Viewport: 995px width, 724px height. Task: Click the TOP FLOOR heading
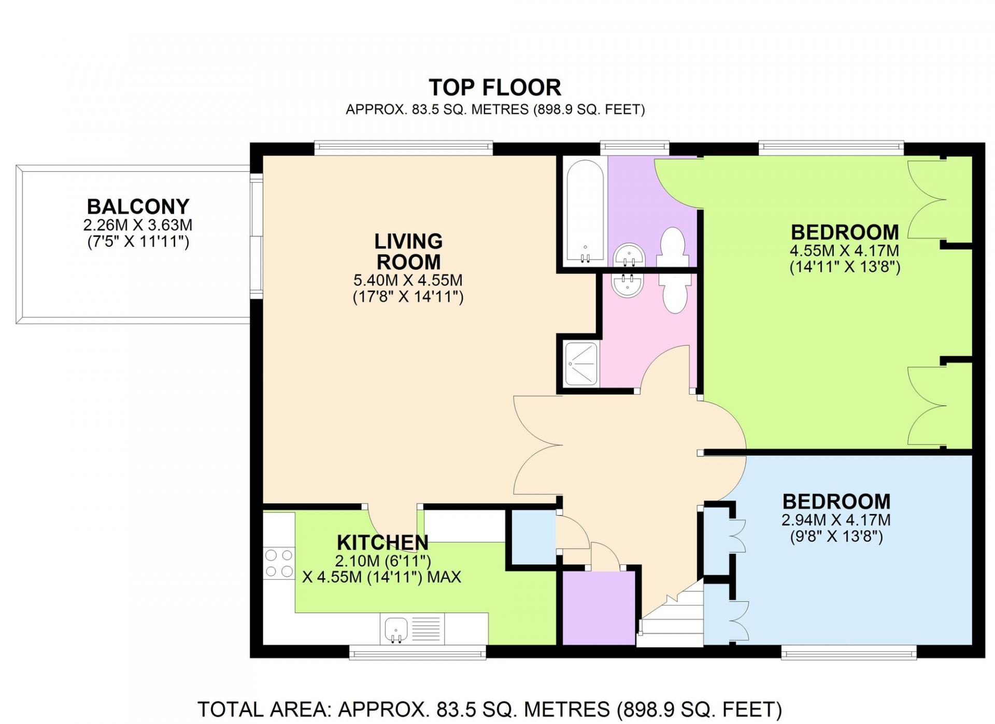pyautogui.click(x=495, y=88)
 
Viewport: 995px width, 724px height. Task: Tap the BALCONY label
pyautogui.click(x=138, y=206)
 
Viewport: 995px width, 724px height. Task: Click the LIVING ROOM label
pyautogui.click(x=408, y=252)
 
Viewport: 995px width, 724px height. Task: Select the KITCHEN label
pyautogui.click(x=382, y=542)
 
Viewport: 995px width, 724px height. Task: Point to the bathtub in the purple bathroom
pyautogui.click(x=585, y=211)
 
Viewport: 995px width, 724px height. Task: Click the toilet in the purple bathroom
pyautogui.click(x=672, y=247)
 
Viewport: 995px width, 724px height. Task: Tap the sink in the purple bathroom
pyautogui.click(x=629, y=255)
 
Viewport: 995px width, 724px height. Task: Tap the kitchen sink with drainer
pyautogui.click(x=413, y=629)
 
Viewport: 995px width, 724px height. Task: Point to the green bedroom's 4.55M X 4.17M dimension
pyautogui.click(x=844, y=250)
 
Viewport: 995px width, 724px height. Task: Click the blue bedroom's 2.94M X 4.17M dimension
pyautogui.click(x=836, y=520)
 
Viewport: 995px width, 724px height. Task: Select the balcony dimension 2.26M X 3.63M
pyautogui.click(x=138, y=225)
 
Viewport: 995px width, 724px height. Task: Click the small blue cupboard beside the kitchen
pyautogui.click(x=534, y=537)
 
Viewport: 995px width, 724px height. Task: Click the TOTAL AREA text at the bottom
pyautogui.click(x=490, y=709)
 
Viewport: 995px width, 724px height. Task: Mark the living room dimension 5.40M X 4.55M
pyautogui.click(x=408, y=280)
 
